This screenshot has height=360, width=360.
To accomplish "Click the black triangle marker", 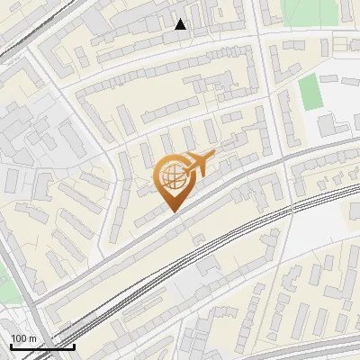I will point(181,24).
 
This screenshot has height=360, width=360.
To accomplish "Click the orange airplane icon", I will point(195,164).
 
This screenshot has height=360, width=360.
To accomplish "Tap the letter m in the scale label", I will point(31,338).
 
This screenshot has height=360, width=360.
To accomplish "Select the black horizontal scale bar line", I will point(41,346).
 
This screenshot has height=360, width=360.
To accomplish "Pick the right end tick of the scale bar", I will point(74,345).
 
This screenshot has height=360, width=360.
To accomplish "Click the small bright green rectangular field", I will point(310,92).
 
